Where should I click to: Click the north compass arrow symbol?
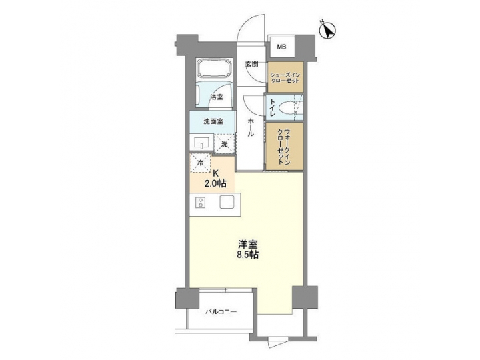pyautogui.click(x=328, y=29)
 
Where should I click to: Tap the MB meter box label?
pyautogui.click(x=281, y=47)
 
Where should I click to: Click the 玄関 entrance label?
pyautogui.click(x=251, y=65)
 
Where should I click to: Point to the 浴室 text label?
pyautogui.click(x=217, y=97)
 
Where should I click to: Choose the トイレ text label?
pyautogui.click(x=273, y=109)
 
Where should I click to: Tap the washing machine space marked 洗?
pyautogui.click(x=224, y=143)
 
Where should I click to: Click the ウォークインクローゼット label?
pyautogui.click(x=285, y=145)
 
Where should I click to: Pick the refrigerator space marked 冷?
pyautogui.click(x=200, y=162)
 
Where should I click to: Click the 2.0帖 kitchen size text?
pyautogui.click(x=215, y=183)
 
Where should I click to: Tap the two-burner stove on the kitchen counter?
pyautogui.click(x=199, y=204)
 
